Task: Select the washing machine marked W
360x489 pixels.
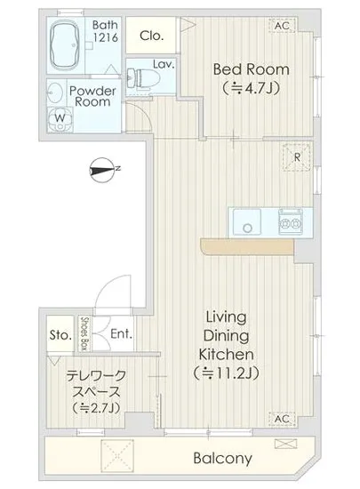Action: click(x=60, y=120)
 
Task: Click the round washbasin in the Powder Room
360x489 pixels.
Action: click(x=55, y=92)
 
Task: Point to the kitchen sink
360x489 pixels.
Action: click(x=247, y=221)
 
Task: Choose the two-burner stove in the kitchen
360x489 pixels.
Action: click(x=291, y=221)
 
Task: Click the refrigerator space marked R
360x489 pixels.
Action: click(x=297, y=156)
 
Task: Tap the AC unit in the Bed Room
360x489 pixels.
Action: click(x=282, y=26)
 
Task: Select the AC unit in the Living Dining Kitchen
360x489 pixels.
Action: click(x=282, y=419)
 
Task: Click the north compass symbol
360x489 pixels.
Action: click(x=102, y=171)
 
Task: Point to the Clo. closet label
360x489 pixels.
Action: click(x=152, y=36)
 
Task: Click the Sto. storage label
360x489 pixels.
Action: click(x=60, y=335)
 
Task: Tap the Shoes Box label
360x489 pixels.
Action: click(x=84, y=333)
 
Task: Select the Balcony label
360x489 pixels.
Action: click(x=222, y=459)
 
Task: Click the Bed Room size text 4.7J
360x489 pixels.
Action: click(x=252, y=89)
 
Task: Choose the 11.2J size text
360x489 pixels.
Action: click(x=227, y=373)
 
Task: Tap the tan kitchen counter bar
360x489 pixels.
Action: click(x=247, y=246)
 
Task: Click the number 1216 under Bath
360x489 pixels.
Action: click(x=106, y=37)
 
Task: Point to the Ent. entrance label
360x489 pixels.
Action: click(x=121, y=334)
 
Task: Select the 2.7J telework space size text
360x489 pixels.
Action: click(x=96, y=407)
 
